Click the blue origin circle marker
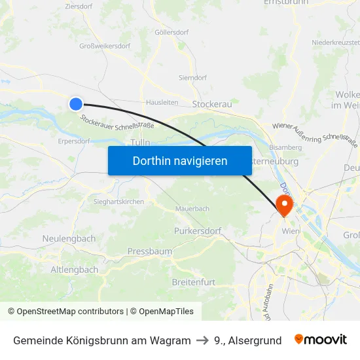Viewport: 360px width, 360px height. (x=76, y=103)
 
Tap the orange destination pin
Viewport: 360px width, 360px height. (x=285, y=204)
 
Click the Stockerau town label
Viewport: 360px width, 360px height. (x=212, y=104)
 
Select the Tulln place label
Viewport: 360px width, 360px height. (x=141, y=143)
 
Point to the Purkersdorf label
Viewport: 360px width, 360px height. (x=198, y=231)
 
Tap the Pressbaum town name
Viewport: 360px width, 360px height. (x=150, y=251)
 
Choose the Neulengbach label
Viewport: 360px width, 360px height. (x=69, y=239)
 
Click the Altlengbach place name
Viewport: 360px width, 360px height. (x=75, y=270)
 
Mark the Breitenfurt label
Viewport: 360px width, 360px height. (x=193, y=281)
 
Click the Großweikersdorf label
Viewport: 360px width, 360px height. (x=105, y=46)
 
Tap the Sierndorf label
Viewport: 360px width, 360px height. (x=192, y=77)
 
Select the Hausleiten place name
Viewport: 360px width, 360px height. (x=162, y=102)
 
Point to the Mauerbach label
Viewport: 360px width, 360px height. (x=192, y=209)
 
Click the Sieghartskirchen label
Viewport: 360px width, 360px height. (x=118, y=202)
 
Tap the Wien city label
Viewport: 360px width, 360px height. (x=290, y=232)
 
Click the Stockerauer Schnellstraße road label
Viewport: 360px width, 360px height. (x=117, y=122)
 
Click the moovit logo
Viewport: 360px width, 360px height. (x=321, y=340)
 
